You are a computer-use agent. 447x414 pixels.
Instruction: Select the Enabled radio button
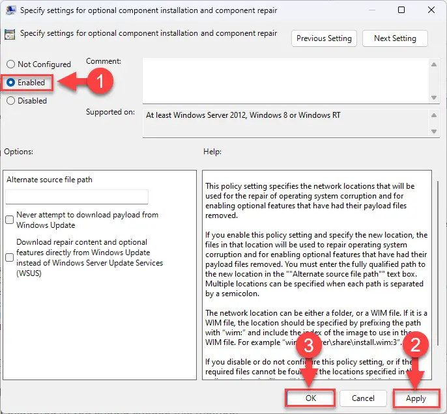tap(10, 83)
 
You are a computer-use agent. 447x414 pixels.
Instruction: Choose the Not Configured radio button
tap(10, 64)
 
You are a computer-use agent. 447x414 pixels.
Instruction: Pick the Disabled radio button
tap(10, 101)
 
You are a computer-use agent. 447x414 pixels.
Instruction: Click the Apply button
tap(416, 398)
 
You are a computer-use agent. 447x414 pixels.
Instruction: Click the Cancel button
tap(363, 398)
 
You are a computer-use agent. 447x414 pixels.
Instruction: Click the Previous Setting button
tap(324, 38)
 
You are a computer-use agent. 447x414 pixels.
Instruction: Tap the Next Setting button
tap(395, 38)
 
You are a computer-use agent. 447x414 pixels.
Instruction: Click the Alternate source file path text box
tap(77, 197)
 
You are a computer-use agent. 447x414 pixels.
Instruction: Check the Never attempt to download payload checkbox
tap(10, 220)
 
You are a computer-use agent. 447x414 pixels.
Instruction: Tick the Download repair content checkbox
tap(10, 257)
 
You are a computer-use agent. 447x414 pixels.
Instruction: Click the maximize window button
tap(401, 10)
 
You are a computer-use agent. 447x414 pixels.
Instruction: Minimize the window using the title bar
tap(372, 10)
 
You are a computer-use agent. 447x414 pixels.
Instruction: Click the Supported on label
tap(110, 112)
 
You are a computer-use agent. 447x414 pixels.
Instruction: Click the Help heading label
tap(212, 152)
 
